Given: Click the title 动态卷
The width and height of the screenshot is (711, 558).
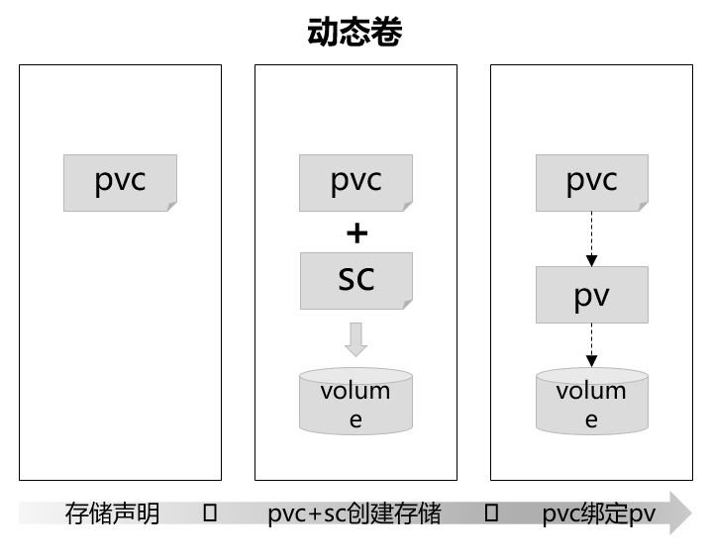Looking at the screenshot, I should coord(355,32).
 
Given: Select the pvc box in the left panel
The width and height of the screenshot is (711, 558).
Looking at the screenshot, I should coord(120,182).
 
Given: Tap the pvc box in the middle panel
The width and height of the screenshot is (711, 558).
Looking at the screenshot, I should coord(355,182).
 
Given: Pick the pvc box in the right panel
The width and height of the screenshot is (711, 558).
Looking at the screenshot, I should coord(591,182).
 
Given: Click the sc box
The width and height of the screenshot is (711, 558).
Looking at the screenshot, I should coord(355,279).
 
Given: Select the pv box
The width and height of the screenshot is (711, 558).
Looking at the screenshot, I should coord(591,295).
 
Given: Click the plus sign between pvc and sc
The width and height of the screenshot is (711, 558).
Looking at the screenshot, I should coord(355,232).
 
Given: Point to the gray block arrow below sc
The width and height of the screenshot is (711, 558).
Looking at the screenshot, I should coord(355,339).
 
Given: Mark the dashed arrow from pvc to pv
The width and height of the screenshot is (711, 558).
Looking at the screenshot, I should coord(591,238).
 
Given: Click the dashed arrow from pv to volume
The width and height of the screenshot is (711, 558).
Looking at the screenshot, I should coord(591,345).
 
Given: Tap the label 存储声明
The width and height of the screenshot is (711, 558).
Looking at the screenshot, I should coord(112,514).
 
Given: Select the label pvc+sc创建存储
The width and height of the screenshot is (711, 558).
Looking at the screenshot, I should coord(354,514).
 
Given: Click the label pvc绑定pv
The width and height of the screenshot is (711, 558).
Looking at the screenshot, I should coord(598,514).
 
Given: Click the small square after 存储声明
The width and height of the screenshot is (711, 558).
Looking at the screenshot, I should coord(209,513).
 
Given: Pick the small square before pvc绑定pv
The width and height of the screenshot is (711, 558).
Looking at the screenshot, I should coord(490,513).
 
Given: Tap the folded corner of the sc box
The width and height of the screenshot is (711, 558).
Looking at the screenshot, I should coord(406,303).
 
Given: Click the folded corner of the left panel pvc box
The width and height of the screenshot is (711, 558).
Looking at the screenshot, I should coord(170,206).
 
